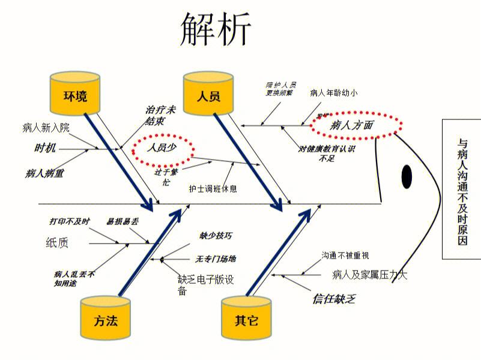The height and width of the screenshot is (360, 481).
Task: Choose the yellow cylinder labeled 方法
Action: (105, 317)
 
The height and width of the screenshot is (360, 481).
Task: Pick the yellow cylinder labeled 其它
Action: (246, 318)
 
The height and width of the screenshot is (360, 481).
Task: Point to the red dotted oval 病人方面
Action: (356, 125)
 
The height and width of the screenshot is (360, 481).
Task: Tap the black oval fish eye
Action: (407, 176)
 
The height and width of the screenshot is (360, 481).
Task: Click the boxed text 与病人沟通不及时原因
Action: (462, 189)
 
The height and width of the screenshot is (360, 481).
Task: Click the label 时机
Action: (46, 148)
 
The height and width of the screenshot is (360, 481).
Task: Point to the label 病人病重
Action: (44, 173)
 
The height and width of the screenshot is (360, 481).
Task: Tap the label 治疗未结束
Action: (160, 115)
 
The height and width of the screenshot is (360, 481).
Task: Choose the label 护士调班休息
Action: (213, 188)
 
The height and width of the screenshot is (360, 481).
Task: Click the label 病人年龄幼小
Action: (334, 93)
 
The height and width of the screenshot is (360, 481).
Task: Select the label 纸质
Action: (57, 242)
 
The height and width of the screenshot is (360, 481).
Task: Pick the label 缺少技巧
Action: (216, 236)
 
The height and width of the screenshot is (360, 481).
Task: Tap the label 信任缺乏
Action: (334, 298)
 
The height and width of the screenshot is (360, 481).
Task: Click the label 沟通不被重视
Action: (345, 255)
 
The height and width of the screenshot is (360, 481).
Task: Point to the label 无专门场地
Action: (216, 259)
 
